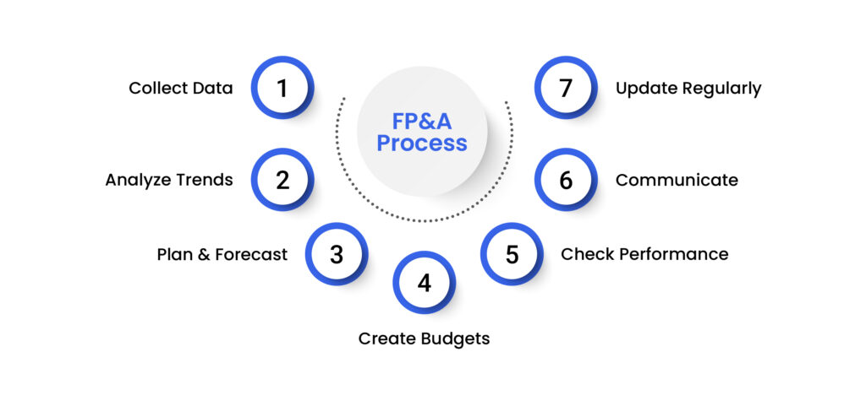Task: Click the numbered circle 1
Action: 282,88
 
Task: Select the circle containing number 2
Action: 282,180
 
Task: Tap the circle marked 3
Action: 337,254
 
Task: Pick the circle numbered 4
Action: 424,283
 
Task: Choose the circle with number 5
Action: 512,254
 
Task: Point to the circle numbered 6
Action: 566,180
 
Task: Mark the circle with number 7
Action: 566,88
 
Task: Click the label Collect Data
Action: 181,88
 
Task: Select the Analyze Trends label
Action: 169,180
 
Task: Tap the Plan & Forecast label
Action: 222,254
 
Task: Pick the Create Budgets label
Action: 424,339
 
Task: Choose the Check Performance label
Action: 644,254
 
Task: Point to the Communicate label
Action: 677,180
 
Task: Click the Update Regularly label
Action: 688,88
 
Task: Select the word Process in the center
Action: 422,144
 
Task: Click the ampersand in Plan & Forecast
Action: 204,254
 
